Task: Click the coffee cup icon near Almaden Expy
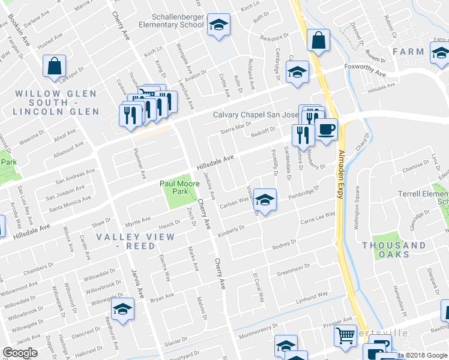(326, 129)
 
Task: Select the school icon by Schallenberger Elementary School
(218, 25)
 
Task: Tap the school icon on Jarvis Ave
(122, 310)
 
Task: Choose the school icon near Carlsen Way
(265, 200)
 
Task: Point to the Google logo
(20, 353)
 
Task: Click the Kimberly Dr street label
(232, 230)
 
